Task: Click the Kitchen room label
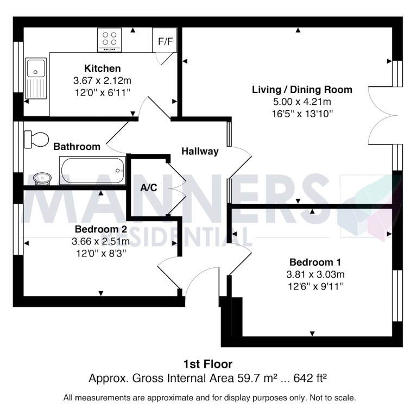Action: tap(102, 68)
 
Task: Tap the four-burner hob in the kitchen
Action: tap(109, 39)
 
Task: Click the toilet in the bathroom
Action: tap(37, 139)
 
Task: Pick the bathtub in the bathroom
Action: tap(92, 171)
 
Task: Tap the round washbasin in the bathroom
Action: tap(41, 178)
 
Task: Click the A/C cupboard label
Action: tap(149, 187)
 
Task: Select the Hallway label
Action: tap(200, 152)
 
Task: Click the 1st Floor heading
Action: tap(208, 364)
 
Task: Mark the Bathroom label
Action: tap(77, 147)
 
